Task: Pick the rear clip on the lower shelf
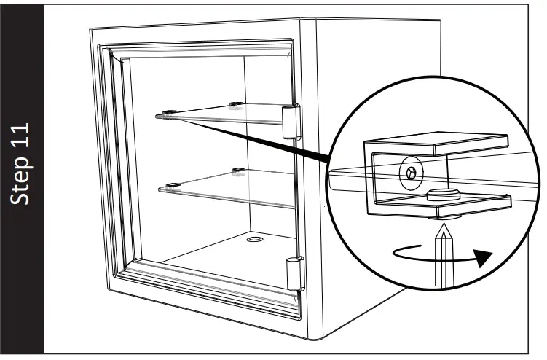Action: click(x=237, y=172)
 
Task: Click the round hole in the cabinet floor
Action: click(x=255, y=238)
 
